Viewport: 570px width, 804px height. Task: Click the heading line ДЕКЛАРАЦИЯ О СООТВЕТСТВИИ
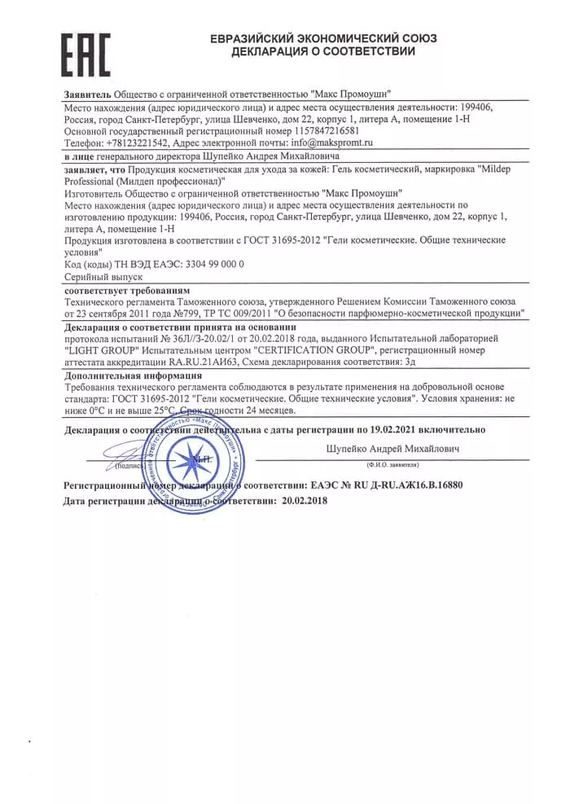pyautogui.click(x=323, y=51)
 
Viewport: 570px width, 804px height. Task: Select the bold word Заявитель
pyautogui.click(x=87, y=94)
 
